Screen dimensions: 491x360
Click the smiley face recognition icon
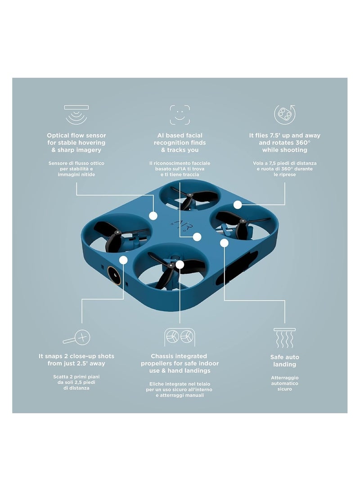coord(180,114)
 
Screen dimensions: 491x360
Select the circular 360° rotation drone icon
coord(284,114)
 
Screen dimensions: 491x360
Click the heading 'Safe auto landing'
coord(284,360)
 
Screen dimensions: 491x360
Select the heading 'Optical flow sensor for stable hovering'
coord(76,143)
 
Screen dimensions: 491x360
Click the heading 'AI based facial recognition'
coord(180,143)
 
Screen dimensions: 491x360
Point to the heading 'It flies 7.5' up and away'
coord(284,143)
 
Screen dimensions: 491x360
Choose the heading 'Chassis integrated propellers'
coord(180,363)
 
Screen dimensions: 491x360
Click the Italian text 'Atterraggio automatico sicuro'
coord(284,383)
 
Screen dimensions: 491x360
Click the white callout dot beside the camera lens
coord(123,259)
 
